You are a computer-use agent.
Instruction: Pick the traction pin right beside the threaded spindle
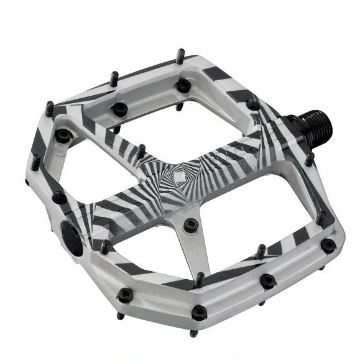point(309,159)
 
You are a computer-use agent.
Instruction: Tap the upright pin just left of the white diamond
point(142,151)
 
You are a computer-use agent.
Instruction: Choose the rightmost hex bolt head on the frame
point(328,246)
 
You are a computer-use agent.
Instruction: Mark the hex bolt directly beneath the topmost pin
point(183,85)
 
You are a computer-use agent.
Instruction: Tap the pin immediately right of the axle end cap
point(104,247)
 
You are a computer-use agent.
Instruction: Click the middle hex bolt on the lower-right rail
point(267,281)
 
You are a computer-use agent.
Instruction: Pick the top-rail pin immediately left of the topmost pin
point(114,78)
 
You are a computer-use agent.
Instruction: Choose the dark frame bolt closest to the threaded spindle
point(253,105)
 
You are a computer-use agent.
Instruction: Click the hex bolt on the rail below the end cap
point(125,294)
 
